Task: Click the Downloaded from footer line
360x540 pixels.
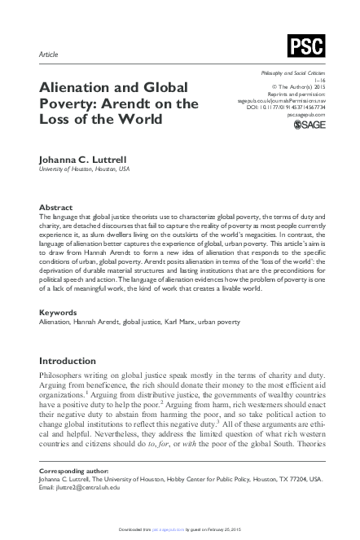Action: [180, 533]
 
